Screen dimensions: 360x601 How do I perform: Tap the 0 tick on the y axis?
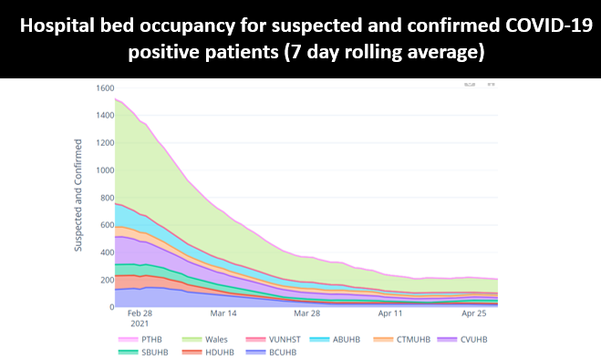109,307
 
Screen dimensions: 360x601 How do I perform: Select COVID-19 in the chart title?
533,26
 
